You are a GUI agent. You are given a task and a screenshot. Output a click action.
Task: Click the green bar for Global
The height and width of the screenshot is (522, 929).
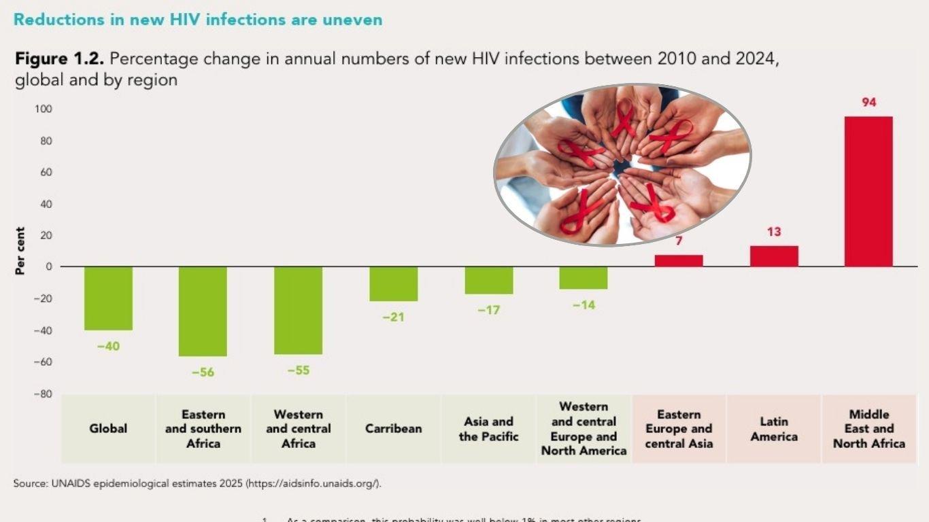point(108,298)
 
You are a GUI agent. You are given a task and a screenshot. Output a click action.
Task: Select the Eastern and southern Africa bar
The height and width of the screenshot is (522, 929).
point(203,311)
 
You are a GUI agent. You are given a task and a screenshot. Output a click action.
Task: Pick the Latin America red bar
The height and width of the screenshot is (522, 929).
point(774,256)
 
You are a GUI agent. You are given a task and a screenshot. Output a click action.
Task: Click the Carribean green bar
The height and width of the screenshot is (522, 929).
point(393,284)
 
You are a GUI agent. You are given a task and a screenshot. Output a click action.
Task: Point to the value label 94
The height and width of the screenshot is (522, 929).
point(868,103)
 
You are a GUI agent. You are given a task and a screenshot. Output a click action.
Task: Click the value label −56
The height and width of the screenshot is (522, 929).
point(203,372)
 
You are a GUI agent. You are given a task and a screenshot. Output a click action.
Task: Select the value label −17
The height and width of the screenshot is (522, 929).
point(488,310)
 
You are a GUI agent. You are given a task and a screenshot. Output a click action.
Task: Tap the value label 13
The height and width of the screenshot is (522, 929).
point(774,232)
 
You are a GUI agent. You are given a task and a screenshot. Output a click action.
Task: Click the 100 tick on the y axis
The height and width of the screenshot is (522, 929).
point(44,109)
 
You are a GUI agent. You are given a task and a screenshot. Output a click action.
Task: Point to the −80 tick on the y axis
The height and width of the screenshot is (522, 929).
point(44,394)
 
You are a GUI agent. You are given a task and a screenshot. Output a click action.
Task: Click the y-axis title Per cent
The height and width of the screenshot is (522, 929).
point(20,251)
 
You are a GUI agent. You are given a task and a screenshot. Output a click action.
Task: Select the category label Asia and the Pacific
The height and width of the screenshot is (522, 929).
point(488,429)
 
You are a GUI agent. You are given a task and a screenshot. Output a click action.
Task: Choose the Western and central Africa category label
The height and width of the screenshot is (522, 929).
point(299,429)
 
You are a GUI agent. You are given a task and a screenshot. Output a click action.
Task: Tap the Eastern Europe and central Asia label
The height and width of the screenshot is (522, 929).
point(679,429)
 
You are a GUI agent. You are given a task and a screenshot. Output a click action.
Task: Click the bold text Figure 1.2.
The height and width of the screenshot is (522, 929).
point(60,59)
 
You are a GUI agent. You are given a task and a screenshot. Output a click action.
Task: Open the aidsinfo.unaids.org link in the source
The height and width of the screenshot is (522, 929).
point(313,484)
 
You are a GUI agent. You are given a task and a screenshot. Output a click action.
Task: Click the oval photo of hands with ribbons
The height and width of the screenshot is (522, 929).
point(622,164)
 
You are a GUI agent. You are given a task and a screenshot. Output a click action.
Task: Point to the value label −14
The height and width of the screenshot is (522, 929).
point(584,306)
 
